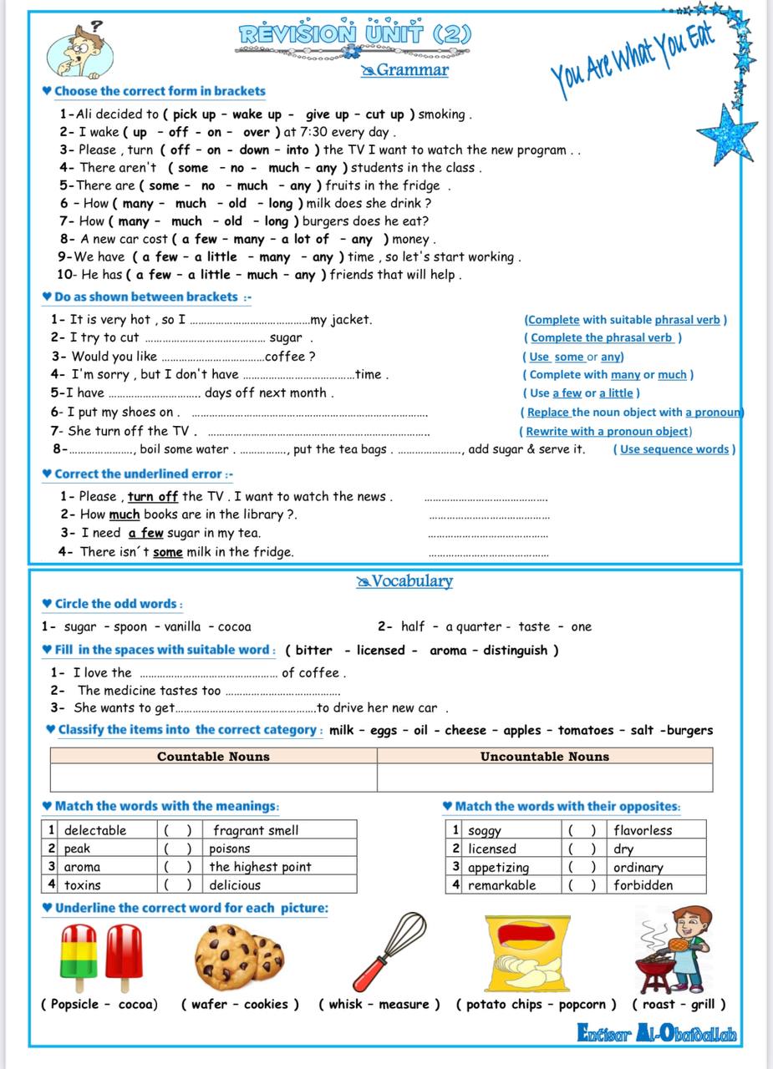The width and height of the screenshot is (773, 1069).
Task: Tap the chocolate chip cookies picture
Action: [x=238, y=953]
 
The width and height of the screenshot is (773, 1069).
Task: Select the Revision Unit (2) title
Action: [x=355, y=34]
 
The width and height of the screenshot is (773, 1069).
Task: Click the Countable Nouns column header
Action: [x=213, y=757]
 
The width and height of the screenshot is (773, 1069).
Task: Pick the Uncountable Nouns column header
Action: [x=544, y=757]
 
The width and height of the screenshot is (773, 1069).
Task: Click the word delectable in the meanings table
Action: [x=95, y=830]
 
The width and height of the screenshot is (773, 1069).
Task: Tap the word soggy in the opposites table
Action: [x=485, y=830]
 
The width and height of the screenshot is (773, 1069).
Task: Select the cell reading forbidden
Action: [x=643, y=885]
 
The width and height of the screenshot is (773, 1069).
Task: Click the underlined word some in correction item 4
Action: [x=167, y=552]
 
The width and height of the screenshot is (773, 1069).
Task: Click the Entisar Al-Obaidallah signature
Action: [x=657, y=1034]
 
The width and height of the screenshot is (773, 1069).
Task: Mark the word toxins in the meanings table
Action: [x=83, y=885]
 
